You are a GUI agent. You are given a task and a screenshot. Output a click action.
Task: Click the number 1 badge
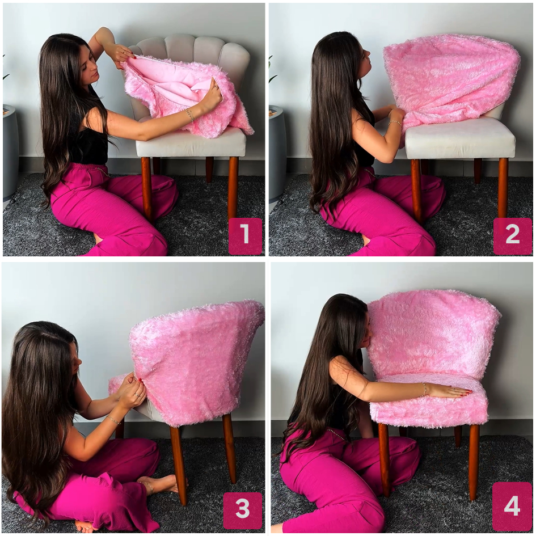click(x=245, y=236)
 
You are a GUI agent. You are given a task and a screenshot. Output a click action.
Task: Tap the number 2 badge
click(x=512, y=236)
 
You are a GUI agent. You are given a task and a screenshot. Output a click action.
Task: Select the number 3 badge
click(x=243, y=510)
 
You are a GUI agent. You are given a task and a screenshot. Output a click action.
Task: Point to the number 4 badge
click(x=512, y=507)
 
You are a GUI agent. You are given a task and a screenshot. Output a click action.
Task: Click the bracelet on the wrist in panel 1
click(x=191, y=115)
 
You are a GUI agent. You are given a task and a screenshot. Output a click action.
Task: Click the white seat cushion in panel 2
click(x=460, y=138)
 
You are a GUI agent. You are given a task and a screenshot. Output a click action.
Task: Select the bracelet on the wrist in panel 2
click(x=394, y=123)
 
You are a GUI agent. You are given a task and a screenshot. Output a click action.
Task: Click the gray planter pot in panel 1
click(x=10, y=152)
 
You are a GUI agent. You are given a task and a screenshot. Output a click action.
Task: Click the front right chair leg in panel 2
click(x=503, y=187)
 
